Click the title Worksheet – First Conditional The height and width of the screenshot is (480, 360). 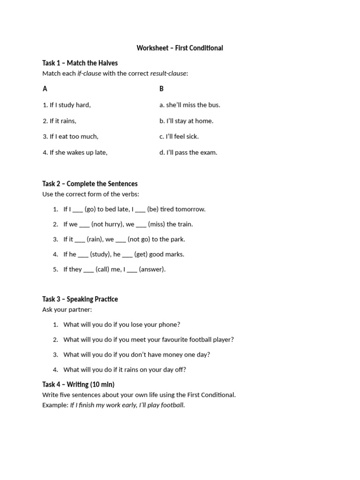180,48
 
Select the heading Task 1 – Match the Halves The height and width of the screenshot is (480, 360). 80,63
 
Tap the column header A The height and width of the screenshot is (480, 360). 45,89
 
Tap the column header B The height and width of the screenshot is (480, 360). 161,89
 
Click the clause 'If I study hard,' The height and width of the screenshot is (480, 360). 67,105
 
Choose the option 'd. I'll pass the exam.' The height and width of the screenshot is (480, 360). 188,152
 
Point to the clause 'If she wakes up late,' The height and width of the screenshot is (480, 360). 75,152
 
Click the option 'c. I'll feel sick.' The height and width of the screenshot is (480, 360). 179,136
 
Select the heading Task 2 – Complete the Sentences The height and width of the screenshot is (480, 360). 90,184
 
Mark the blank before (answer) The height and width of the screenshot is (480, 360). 132,270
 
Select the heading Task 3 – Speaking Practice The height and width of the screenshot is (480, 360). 80,299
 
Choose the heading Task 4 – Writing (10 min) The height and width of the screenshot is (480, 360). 78,384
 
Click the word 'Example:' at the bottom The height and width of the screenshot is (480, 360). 55,405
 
